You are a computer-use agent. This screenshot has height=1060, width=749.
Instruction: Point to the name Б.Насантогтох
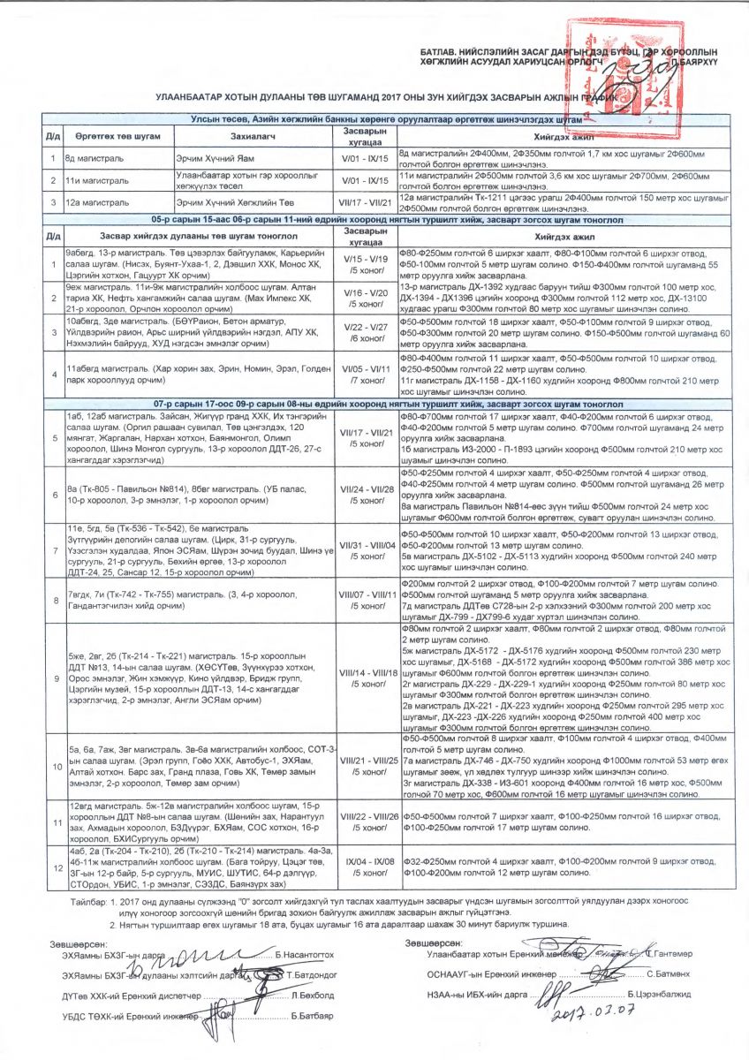[x=305, y=956]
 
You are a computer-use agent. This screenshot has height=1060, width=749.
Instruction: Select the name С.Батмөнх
[x=654, y=974]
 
